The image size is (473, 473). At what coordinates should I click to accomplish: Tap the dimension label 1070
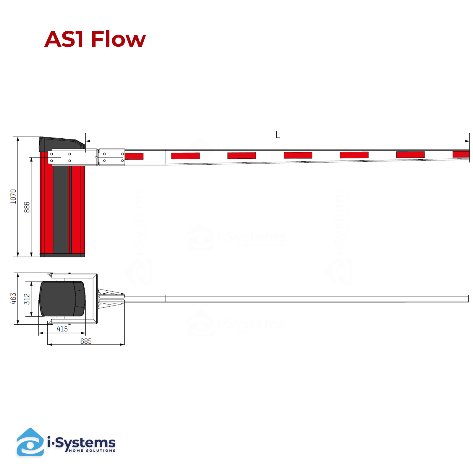[13, 196]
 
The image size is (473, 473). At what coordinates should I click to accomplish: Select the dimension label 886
[27, 207]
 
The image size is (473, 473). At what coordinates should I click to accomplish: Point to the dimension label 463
[13, 299]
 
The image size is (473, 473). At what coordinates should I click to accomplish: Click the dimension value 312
[27, 299]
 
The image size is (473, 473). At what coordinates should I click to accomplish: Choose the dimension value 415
[62, 329]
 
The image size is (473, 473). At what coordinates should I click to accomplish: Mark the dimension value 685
[86, 341]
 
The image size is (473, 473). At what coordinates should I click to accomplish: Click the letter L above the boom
[278, 135]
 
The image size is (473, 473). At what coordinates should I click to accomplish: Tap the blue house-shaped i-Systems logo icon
[30, 442]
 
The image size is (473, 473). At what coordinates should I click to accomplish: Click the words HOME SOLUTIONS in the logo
[92, 451]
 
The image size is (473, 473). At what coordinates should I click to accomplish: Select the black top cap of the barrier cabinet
[62, 144]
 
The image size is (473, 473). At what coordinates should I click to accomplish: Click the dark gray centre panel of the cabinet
[61, 209]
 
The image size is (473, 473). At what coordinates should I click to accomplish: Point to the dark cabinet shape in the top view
[62, 299]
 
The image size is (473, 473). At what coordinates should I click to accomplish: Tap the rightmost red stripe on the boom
[461, 154]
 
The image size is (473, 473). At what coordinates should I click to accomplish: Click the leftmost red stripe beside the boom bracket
[134, 156]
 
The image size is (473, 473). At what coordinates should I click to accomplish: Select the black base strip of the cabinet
[62, 255]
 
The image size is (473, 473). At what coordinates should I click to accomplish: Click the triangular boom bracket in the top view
[111, 299]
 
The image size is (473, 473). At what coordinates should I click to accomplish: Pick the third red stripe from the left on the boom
[242, 155]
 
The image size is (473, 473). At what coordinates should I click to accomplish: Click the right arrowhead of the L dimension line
[467, 141]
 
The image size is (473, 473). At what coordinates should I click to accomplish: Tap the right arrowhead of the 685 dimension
[122, 344]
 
